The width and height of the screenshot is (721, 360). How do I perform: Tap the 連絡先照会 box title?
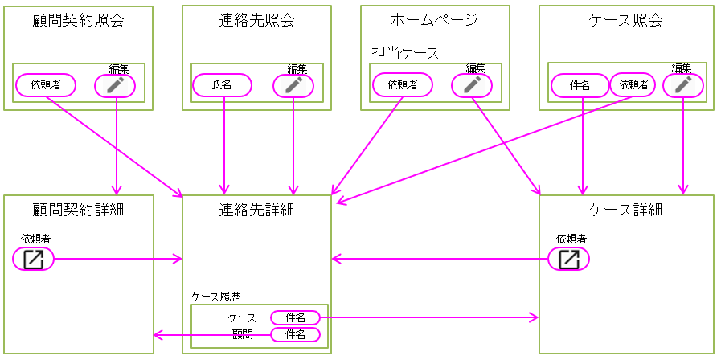tap(256, 20)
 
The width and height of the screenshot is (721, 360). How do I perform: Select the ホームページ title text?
tap(434, 20)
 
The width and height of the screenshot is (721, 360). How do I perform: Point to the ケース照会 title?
tap(626, 20)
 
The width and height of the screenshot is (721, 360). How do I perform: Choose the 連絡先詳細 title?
tap(256, 210)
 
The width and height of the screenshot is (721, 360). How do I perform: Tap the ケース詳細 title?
tap(626, 210)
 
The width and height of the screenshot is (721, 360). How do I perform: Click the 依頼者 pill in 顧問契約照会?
tap(46, 84)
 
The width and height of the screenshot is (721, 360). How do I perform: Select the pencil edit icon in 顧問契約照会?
tap(115, 84)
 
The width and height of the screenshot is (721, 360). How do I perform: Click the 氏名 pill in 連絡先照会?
tap(222, 84)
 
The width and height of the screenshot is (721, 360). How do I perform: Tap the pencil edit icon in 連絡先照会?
tap(293, 84)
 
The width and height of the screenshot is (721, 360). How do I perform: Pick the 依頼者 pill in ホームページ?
tap(403, 84)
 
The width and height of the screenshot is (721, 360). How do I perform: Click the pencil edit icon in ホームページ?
tap(471, 84)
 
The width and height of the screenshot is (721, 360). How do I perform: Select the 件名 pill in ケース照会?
tap(580, 84)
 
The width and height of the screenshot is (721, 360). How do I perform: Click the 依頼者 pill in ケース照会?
tap(633, 84)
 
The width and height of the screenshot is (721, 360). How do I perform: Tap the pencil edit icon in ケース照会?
tap(683, 84)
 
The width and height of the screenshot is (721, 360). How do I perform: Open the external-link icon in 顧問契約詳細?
tap(34, 259)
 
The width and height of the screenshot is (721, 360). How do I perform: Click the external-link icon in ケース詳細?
tap(569, 259)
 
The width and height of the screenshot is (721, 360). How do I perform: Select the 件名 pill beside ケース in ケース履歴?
tap(295, 318)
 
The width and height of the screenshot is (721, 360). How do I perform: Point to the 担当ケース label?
tap(405, 53)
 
